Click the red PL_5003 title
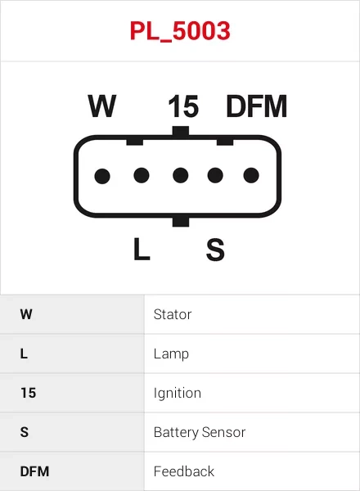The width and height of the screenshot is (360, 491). (x=180, y=31)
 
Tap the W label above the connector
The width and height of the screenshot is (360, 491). (x=102, y=106)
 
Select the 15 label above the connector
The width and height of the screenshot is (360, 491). (x=183, y=106)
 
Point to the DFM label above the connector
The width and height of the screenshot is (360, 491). (x=256, y=106)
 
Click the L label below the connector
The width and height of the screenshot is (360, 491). (x=142, y=249)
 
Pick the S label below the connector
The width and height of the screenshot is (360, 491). (x=215, y=250)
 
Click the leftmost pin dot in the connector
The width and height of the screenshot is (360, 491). (x=102, y=176)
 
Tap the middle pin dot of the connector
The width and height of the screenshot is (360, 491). (x=180, y=175)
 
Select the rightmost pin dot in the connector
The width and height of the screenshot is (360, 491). (x=251, y=175)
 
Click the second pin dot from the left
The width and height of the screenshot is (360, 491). (x=142, y=175)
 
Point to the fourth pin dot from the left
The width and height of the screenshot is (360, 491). (x=215, y=175)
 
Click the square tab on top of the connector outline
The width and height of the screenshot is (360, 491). (x=181, y=131)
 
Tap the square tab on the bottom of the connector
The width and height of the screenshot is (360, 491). (x=181, y=221)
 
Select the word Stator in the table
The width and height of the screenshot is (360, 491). (x=173, y=314)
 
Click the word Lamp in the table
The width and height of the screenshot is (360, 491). (x=171, y=354)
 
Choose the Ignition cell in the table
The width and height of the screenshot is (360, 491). (x=178, y=394)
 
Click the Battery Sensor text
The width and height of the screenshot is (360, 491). (x=200, y=433)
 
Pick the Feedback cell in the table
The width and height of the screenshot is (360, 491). (x=184, y=471)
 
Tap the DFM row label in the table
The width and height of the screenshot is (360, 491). (x=34, y=471)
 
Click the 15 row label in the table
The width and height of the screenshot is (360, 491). (x=28, y=393)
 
